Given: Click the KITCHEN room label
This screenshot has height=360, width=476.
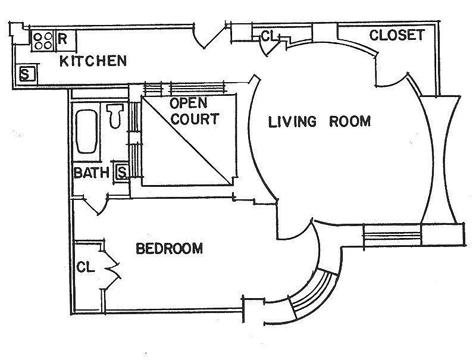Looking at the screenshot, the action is click(93, 61).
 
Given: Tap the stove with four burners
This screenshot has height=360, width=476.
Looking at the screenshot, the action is click(43, 41).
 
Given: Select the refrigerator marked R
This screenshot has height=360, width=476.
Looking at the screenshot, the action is click(65, 40).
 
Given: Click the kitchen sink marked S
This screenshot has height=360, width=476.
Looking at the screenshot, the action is click(27, 74).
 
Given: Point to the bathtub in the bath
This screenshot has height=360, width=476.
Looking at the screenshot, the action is click(87, 132).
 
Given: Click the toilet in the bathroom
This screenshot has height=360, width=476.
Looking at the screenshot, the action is click(115, 115).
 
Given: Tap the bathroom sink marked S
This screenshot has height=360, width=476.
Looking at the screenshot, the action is click(122, 173).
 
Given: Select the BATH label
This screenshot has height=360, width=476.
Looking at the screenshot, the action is click(92, 173).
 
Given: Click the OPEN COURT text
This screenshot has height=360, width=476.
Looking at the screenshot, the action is click(195, 111).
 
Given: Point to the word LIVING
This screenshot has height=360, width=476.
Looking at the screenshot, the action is click(292, 122).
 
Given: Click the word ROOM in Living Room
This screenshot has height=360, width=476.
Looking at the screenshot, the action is click(350, 121).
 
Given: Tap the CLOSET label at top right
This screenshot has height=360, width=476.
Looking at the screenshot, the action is click(397, 35).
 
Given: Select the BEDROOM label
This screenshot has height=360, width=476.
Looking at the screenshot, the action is click(170, 249).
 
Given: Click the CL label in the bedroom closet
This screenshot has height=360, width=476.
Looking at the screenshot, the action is click(86, 267).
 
